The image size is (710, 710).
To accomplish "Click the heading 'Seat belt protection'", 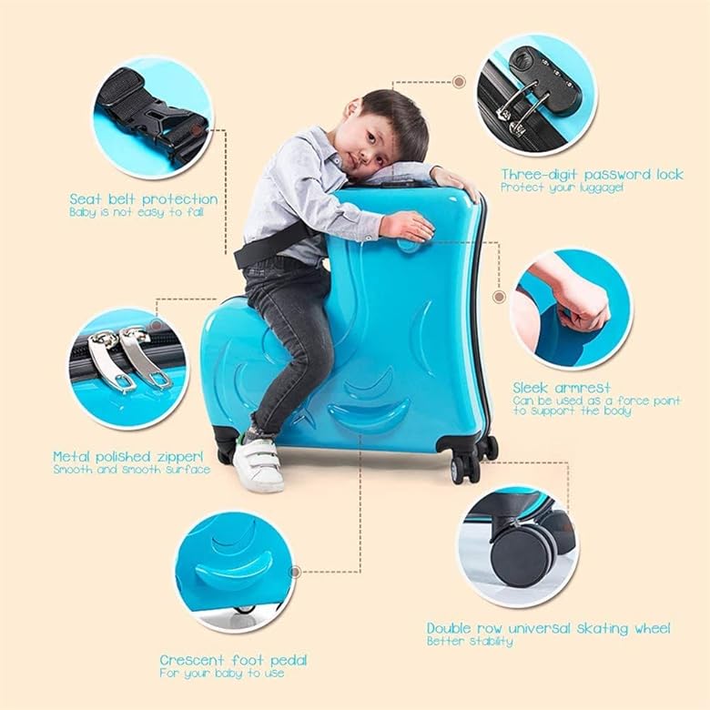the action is (144, 199).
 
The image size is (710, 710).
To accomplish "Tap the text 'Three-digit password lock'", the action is (592, 175).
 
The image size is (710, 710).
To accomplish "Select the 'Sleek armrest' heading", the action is (562, 388).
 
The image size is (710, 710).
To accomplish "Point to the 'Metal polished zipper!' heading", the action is (128, 456).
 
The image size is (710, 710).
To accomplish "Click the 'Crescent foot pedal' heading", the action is (233, 660).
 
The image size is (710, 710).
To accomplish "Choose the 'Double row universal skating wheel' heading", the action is (548, 628).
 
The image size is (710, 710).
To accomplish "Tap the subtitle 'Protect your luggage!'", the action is (562, 188).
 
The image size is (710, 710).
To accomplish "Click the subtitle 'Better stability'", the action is (470, 641).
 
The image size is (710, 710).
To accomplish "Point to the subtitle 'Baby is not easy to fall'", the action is (137, 212).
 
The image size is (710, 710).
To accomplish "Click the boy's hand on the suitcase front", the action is (408, 226).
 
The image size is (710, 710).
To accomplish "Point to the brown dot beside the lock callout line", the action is (459, 82).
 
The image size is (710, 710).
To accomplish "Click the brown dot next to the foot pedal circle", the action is (295, 572).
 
